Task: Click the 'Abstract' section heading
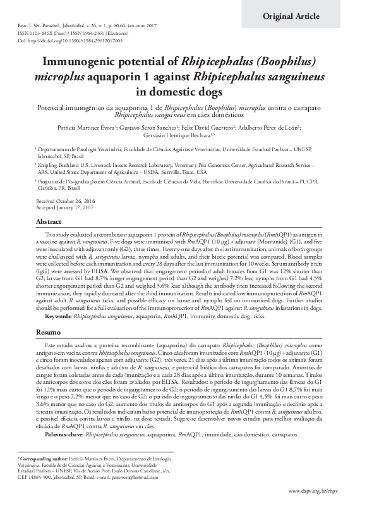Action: click(48, 223)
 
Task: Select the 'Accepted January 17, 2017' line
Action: click(64, 207)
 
